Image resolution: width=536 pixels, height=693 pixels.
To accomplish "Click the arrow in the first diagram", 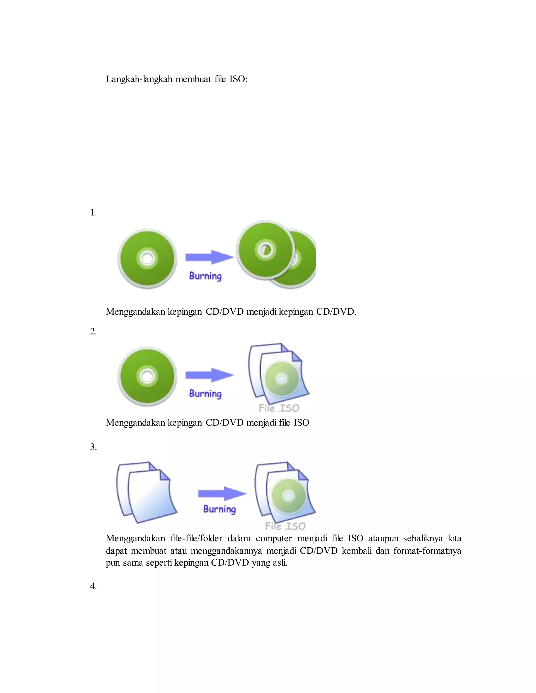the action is [209, 257].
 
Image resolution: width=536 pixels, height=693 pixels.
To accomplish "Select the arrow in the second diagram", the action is [209, 375].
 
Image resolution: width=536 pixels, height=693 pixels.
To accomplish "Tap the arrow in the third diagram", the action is [222, 493].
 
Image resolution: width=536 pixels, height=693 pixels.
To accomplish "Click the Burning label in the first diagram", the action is [205, 276].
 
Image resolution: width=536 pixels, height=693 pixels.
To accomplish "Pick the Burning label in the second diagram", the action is [205, 394].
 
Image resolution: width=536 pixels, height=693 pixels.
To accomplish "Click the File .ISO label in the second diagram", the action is [279, 408].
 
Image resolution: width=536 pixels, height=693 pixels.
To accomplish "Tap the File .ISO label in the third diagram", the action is [285, 526].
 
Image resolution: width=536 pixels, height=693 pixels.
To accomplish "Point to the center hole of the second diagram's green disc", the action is [147, 376].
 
